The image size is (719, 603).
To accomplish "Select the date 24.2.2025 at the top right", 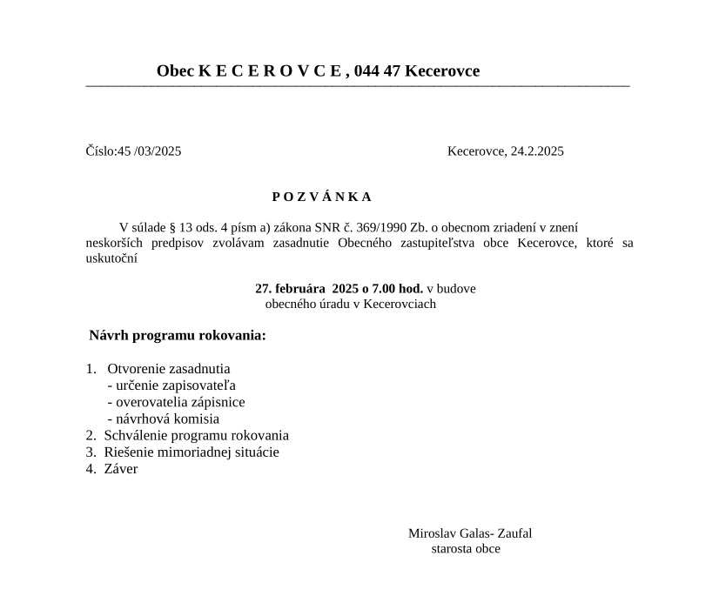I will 537,151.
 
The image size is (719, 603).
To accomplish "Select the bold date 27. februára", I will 292,289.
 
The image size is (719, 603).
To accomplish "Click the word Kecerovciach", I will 400,305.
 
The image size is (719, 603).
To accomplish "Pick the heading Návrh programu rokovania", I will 178,336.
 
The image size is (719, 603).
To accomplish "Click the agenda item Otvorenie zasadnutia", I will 169,369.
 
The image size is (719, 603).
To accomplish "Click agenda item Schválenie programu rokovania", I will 196,435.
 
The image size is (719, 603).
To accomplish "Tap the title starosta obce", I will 466,549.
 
